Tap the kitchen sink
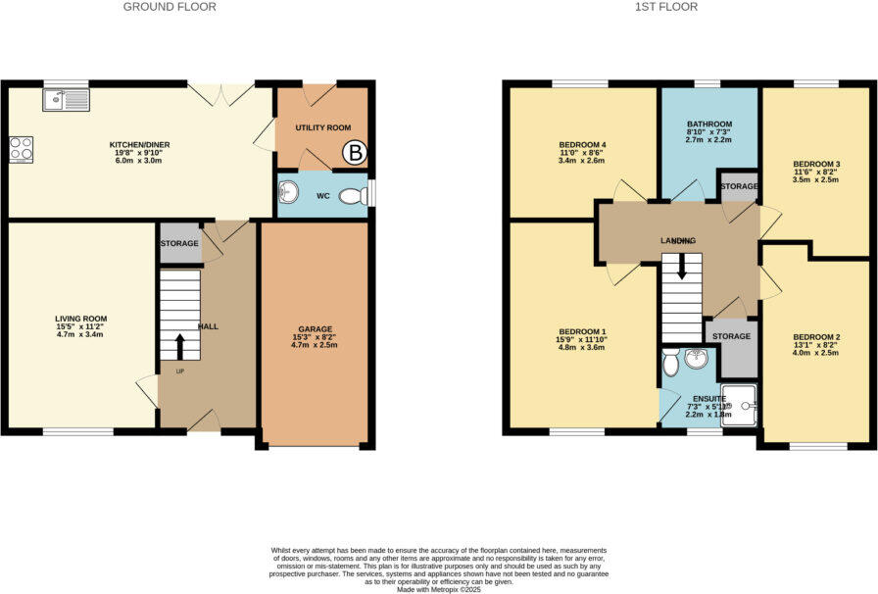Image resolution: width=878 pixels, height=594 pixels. click(x=66, y=99)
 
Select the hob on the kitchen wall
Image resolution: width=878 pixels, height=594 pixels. click(x=21, y=148)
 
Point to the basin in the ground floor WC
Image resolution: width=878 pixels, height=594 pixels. click(x=287, y=190)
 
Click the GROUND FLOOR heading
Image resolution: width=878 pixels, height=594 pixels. click(x=170, y=7)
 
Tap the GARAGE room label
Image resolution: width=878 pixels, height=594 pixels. click(x=316, y=329)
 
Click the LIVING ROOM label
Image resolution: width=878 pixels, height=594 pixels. click(x=80, y=320)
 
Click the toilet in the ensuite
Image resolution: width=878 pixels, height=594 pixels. click(x=670, y=364)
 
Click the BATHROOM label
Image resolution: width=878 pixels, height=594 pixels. click(x=708, y=124)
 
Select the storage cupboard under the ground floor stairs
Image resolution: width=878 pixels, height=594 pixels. click(x=180, y=243)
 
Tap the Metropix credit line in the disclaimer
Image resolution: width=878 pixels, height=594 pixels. click(x=438, y=588)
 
